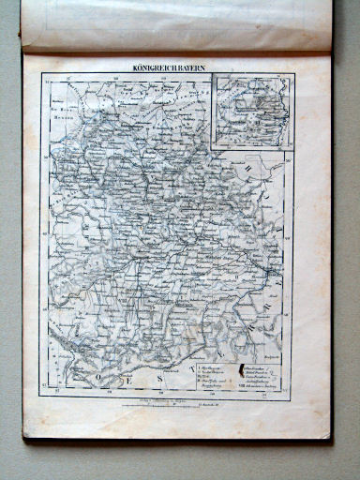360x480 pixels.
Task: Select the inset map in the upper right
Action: (x=252, y=111)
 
